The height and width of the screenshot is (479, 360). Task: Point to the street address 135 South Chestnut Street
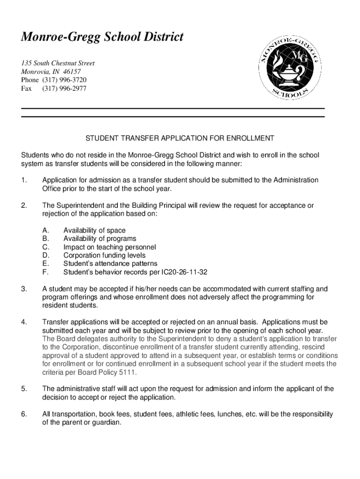tap(58, 63)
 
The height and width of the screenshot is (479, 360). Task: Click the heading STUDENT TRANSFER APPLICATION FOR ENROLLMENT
tap(179, 138)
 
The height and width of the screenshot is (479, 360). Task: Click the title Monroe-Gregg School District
tap(102, 36)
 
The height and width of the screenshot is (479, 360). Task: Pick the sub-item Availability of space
tap(94, 230)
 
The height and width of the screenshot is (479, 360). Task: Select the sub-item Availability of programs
tap(100, 239)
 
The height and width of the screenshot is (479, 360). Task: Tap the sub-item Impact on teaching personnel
tap(110, 247)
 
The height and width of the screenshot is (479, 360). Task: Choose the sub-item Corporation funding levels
tap(104, 255)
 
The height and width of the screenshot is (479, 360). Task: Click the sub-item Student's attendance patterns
tap(110, 264)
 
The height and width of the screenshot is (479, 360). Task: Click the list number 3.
tap(23, 289)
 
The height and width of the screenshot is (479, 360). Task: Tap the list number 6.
tap(23, 414)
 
